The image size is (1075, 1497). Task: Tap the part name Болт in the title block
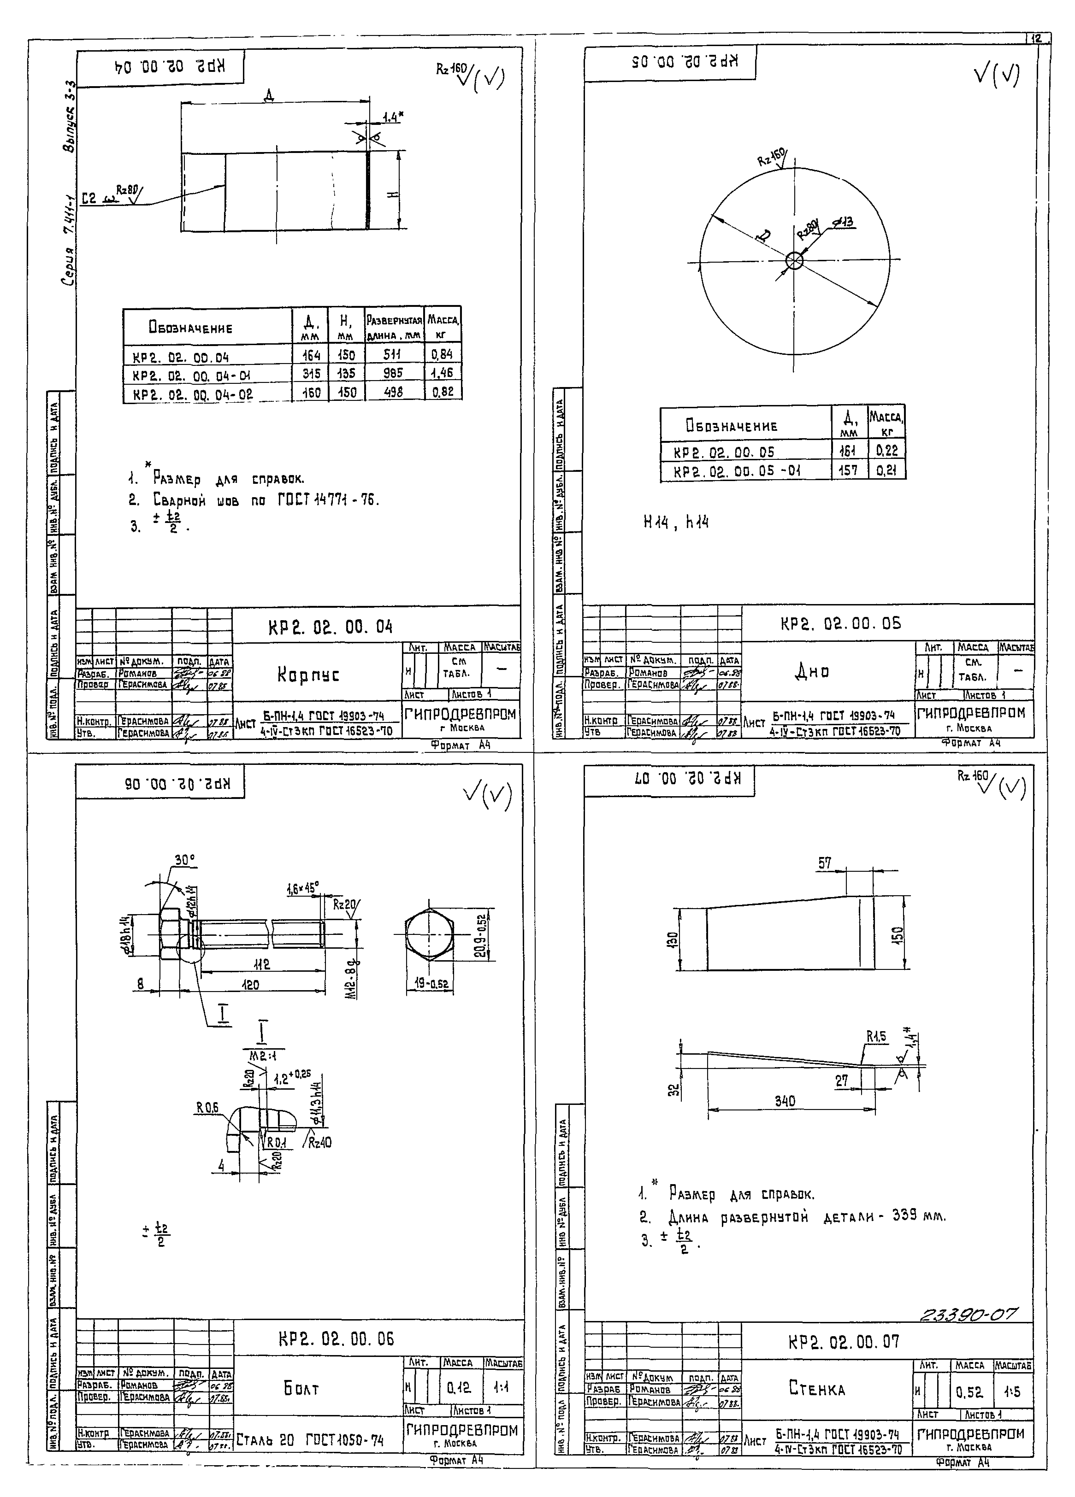pyautogui.click(x=302, y=1389)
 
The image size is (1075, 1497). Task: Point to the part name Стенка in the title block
pyautogui.click(x=817, y=1389)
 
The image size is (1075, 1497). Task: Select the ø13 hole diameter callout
pyautogui.click(x=843, y=223)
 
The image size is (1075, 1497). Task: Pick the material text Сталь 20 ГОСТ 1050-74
pyautogui.click(x=310, y=1440)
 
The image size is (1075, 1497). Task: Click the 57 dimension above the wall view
pyautogui.click(x=825, y=863)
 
